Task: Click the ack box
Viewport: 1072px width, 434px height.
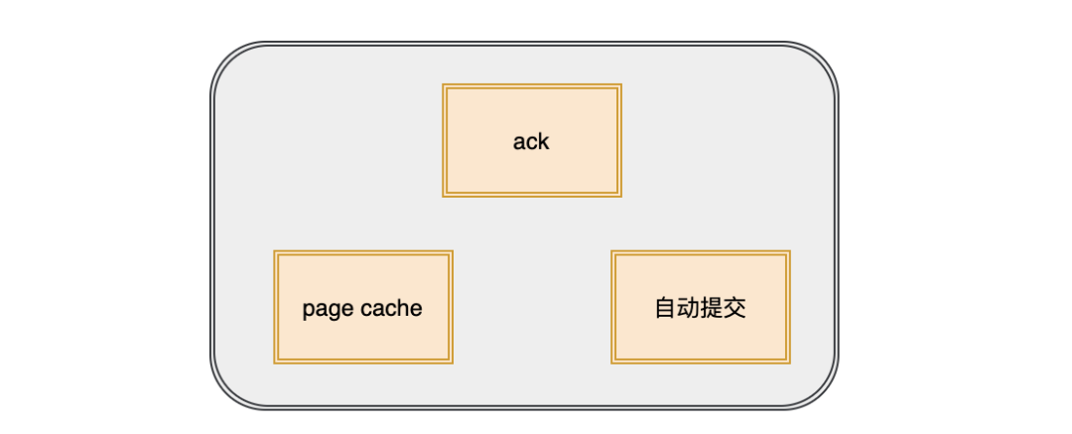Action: coord(532,140)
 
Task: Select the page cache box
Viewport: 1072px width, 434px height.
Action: coord(363,307)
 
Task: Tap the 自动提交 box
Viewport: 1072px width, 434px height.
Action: coord(701,307)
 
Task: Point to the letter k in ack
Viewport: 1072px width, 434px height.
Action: coord(543,141)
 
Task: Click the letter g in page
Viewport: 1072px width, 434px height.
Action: coord(334,311)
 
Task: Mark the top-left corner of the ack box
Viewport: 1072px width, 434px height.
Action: coord(443,84)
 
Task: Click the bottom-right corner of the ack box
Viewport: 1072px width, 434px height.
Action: coord(621,197)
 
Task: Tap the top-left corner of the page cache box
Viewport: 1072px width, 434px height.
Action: coord(274,250)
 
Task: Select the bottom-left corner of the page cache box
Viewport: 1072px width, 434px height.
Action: coord(274,362)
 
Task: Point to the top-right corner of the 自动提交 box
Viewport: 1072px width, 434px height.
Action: coord(790,250)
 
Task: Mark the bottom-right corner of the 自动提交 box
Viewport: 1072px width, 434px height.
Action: coord(790,362)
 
